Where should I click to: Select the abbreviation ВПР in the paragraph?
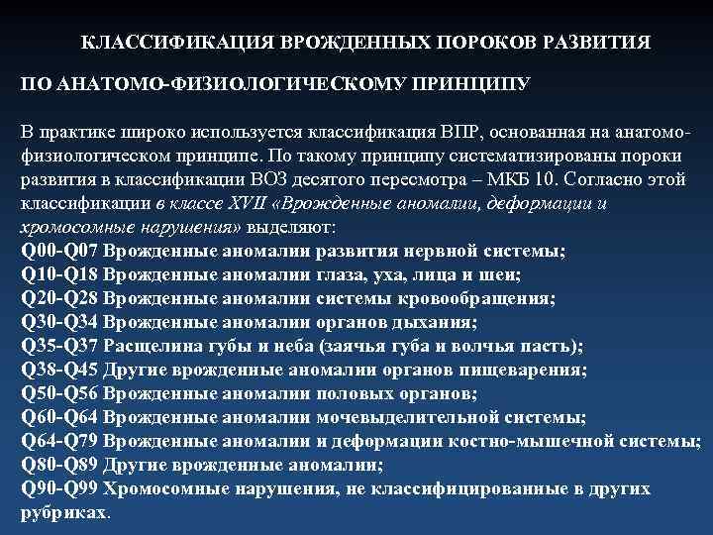coord(464,132)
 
